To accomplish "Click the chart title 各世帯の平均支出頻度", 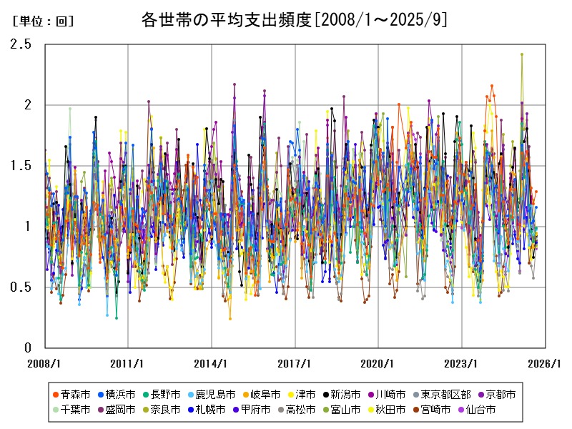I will pyautogui.click(x=294, y=20).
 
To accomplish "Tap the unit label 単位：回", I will pyautogui.click(x=43, y=21).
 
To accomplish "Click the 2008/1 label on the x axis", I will pyautogui.click(x=44, y=363).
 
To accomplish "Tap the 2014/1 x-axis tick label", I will pyautogui.click(x=211, y=363).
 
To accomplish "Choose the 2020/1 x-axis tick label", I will pyautogui.click(x=378, y=363).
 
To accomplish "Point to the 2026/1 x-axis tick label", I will pyautogui.click(x=545, y=363).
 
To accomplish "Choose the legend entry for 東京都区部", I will pyautogui.click(x=440, y=394).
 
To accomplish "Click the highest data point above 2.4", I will pyautogui.click(x=522, y=54).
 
